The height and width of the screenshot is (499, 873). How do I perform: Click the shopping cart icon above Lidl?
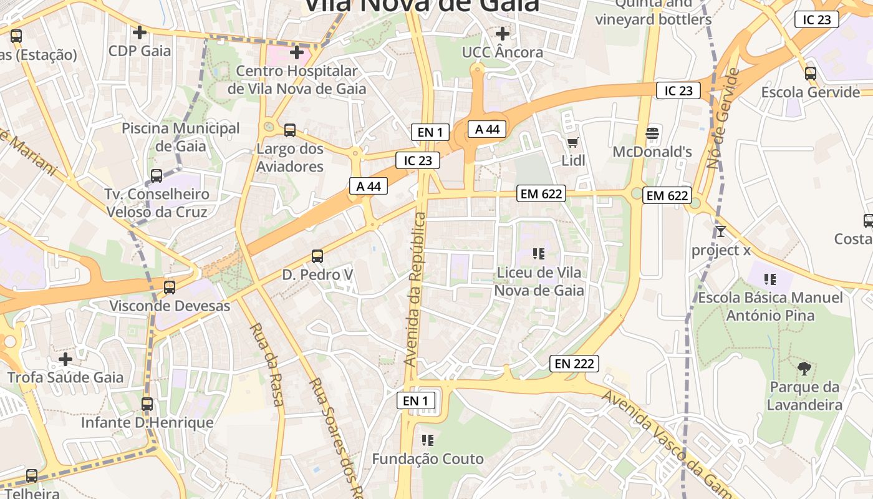click(573, 142)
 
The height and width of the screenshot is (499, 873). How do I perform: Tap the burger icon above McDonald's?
click(652, 133)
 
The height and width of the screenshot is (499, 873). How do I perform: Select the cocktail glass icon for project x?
click(721, 231)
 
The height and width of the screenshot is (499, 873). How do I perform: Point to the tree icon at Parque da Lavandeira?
click(804, 369)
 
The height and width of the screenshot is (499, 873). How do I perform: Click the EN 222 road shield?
click(574, 363)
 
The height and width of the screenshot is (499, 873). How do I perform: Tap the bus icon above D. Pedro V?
click(317, 256)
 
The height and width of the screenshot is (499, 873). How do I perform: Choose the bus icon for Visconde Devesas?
click(170, 288)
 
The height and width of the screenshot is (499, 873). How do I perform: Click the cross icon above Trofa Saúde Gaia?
click(65, 359)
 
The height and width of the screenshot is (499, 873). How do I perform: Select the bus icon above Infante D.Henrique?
click(147, 404)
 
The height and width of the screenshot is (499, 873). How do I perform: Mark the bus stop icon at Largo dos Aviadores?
click(290, 130)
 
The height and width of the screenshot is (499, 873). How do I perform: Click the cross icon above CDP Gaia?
click(140, 32)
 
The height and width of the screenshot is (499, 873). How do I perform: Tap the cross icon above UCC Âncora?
click(503, 33)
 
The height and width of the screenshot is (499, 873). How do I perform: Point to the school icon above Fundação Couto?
click(428, 440)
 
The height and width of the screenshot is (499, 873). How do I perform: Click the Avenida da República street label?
click(415, 289)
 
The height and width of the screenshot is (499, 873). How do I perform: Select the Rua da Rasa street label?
click(267, 364)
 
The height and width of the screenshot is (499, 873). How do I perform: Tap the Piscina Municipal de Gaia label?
click(181, 137)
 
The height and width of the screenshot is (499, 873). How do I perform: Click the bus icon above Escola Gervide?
click(811, 74)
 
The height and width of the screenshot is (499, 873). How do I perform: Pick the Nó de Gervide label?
click(723, 119)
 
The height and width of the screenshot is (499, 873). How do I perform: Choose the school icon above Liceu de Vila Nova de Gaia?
click(539, 254)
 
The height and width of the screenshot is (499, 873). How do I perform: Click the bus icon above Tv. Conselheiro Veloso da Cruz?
click(157, 176)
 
